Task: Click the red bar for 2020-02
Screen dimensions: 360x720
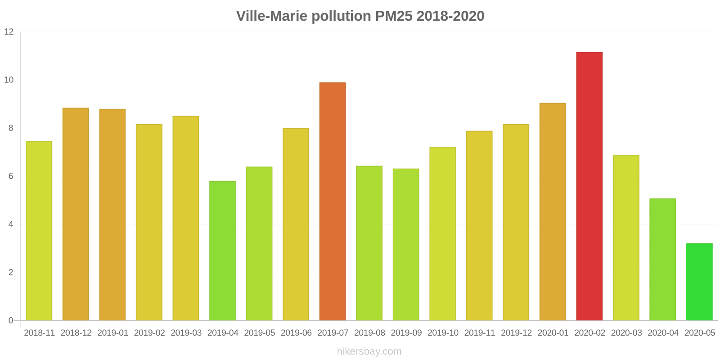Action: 589,186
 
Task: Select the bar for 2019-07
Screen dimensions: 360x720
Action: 333,202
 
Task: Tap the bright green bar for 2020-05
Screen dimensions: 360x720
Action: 699,282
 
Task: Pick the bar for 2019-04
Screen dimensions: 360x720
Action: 222,251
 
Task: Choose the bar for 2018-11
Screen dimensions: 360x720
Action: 39,231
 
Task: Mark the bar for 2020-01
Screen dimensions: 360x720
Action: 553,211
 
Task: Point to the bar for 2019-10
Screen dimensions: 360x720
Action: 442,234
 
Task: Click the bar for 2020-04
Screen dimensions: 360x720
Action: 662,260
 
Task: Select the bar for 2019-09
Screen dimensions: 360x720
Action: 406,244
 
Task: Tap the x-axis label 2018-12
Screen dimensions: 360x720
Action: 76,333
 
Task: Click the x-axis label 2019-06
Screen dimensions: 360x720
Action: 296,333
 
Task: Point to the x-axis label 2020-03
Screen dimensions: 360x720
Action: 626,333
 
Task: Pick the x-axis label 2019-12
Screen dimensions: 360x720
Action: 516,333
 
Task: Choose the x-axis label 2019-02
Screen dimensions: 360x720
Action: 149,333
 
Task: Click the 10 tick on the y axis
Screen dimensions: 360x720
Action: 9,80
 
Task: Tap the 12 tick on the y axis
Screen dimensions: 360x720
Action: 9,32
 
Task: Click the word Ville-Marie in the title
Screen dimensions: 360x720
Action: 272,16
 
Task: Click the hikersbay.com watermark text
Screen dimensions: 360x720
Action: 369,351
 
